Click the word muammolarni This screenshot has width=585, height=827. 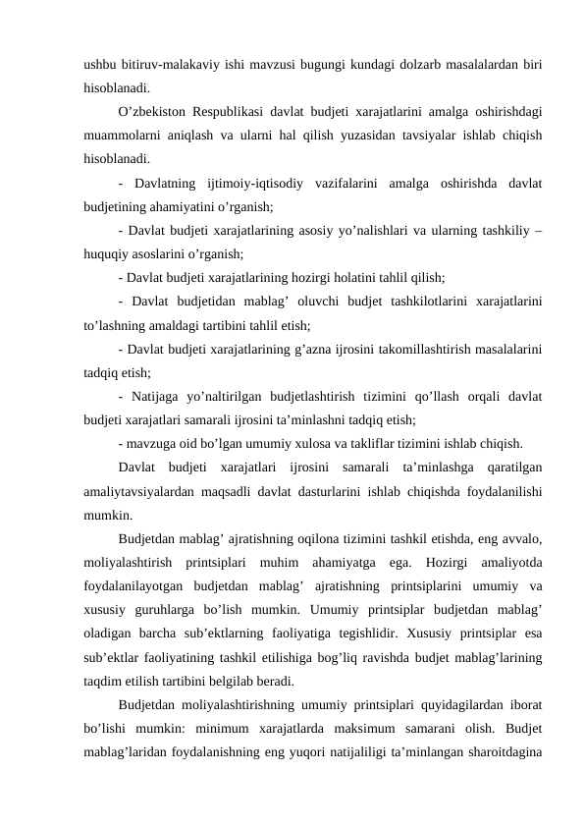[x=123, y=136]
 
